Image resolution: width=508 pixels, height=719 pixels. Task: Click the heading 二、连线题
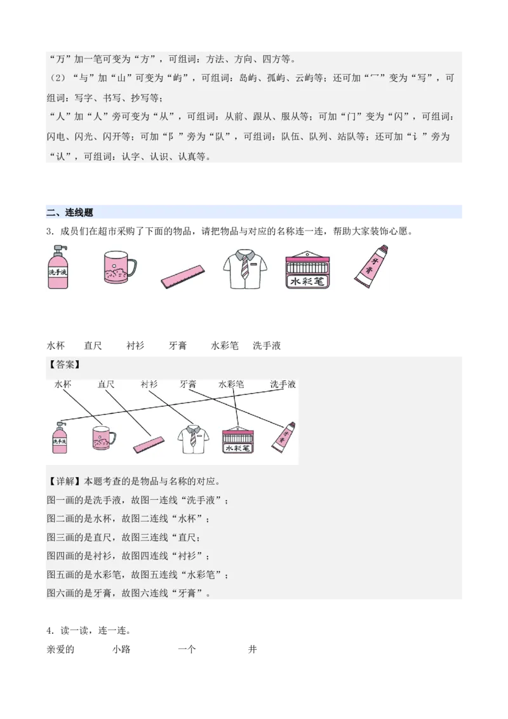pyautogui.click(x=70, y=213)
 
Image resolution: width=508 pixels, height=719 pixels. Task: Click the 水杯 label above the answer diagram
pyautogui.click(x=63, y=384)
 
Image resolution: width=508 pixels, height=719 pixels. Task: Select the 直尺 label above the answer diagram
pyautogui.click(x=106, y=384)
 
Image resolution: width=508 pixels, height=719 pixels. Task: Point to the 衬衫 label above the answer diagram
pyautogui.click(x=150, y=384)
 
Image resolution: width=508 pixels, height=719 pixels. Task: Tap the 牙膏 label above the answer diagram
pyautogui.click(x=189, y=384)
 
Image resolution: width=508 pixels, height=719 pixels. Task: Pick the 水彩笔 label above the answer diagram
pyautogui.click(x=231, y=384)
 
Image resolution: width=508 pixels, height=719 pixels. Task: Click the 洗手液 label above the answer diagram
pyautogui.click(x=283, y=384)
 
